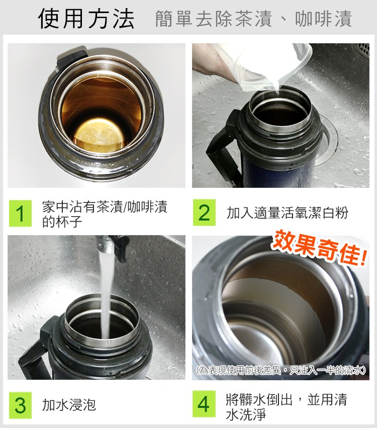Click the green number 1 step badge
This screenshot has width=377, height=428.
[x=20, y=213]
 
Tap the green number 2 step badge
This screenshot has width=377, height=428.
[x=204, y=212]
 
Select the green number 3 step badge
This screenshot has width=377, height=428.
[x=20, y=405]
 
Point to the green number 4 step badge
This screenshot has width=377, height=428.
[x=204, y=404]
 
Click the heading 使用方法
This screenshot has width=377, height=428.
[x=86, y=19]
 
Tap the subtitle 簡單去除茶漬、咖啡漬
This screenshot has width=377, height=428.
[x=253, y=19]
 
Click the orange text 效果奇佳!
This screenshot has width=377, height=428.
[x=319, y=248]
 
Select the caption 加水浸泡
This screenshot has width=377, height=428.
[x=69, y=405]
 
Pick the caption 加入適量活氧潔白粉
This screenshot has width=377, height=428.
[x=288, y=213]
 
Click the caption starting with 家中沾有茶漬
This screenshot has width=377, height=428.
[x=105, y=214]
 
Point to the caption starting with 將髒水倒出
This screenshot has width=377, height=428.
[x=287, y=407]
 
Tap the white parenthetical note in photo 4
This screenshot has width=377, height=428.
[x=281, y=370]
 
